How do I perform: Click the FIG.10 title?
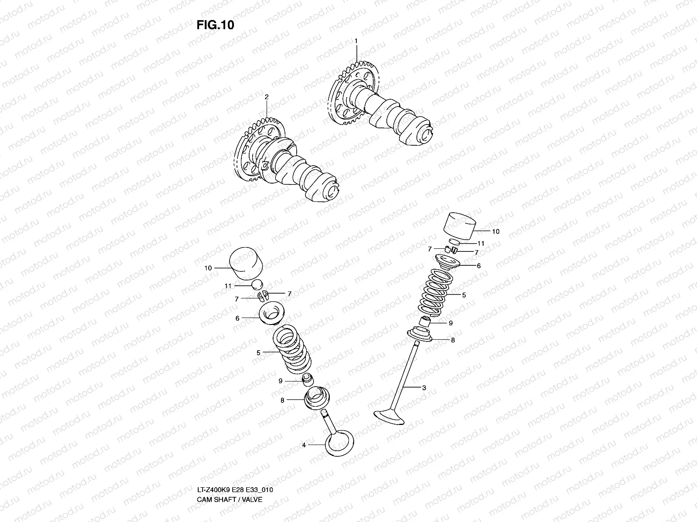(x=215, y=25)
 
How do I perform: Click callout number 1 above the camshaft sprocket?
(x=356, y=40)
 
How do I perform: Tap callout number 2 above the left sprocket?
(x=266, y=97)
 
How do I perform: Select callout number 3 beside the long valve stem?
(x=424, y=388)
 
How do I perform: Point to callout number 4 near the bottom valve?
(x=304, y=445)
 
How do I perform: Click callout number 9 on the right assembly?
(x=451, y=323)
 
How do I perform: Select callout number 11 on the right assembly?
(x=481, y=243)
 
